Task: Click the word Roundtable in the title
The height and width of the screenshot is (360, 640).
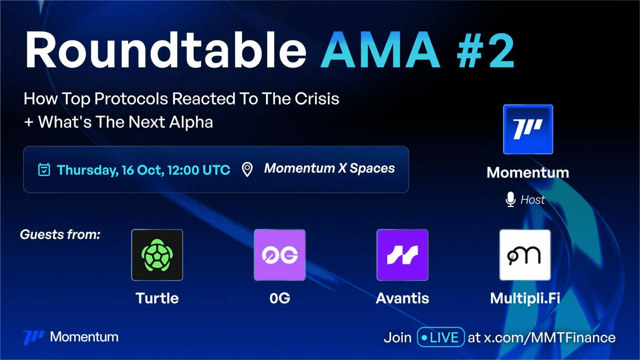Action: pos(166,50)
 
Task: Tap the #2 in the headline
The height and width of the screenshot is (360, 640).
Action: pos(486,50)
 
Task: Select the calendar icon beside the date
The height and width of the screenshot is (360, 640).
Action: pos(44,170)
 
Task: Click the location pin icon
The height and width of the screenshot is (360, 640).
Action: pos(247,170)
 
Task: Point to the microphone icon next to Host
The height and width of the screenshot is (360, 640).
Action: pos(510,199)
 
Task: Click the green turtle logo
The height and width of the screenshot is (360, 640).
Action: pos(157,255)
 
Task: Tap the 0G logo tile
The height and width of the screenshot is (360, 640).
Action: pos(279,255)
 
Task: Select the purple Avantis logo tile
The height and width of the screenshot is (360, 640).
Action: pos(402,255)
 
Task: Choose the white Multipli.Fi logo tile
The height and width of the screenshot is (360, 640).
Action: pos(525,255)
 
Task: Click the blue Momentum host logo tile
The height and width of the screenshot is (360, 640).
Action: pos(528,130)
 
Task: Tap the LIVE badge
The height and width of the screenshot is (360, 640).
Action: pos(441,337)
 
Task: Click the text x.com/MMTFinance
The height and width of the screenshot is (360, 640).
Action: pos(550,338)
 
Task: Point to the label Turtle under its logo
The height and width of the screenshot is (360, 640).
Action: pos(157,298)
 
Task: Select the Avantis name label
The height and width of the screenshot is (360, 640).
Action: pos(402,298)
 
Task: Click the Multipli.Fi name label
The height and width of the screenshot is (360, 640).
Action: pos(525,299)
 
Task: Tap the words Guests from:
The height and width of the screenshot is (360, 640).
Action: pos(60,235)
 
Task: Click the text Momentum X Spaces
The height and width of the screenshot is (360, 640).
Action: pos(330,169)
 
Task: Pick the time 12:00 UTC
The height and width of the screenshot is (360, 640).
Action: pos(199,170)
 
